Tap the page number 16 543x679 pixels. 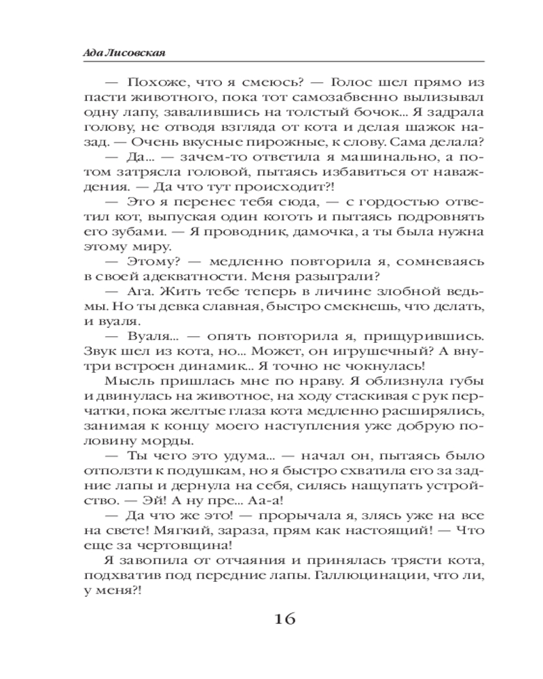click(286, 619)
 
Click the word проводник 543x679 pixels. click(242, 231)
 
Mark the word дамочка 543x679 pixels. click(316, 231)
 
